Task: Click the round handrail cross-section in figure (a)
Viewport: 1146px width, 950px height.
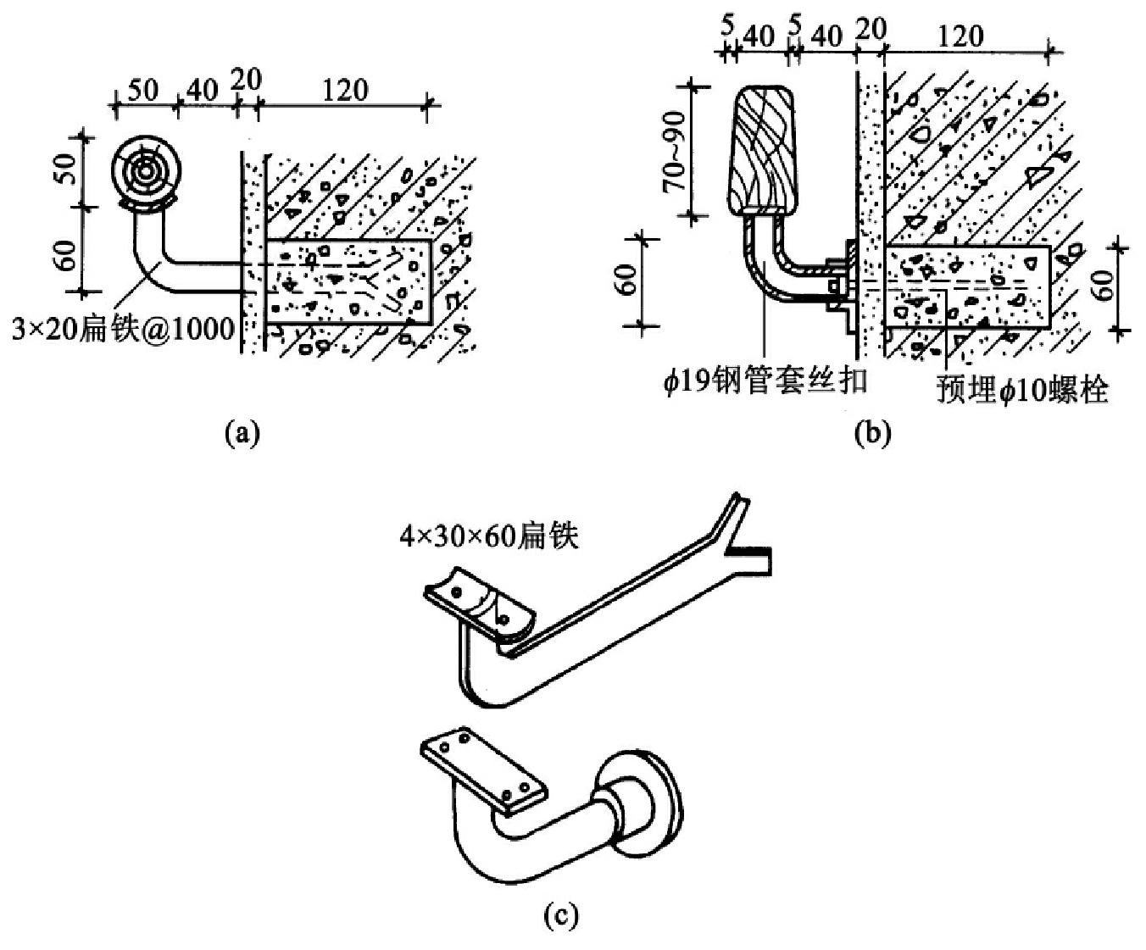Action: click(145, 172)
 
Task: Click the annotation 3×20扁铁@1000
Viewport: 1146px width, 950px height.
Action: click(124, 331)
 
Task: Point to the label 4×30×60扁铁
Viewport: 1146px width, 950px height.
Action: click(489, 536)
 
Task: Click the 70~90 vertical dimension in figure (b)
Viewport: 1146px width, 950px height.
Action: click(675, 151)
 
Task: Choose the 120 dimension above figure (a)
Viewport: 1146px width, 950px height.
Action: click(345, 90)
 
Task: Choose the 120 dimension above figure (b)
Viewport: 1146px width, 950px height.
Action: click(960, 36)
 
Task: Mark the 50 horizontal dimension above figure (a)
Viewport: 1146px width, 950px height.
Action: click(143, 90)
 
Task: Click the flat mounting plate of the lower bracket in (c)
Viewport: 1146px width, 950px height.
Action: click(483, 772)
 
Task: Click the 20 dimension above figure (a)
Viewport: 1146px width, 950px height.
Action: click(246, 81)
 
